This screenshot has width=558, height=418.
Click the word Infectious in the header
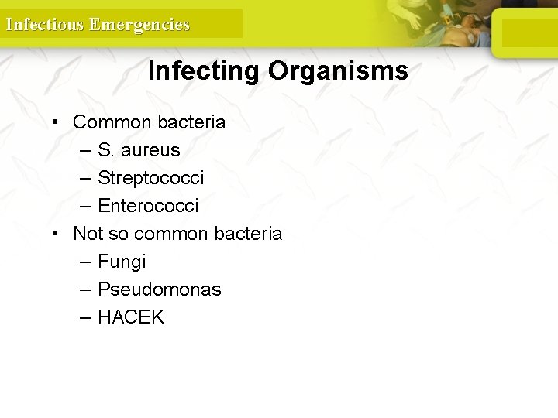point(44,24)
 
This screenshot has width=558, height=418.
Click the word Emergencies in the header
point(139,24)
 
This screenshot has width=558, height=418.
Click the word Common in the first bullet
point(112,122)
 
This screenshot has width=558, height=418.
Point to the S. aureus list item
point(139,150)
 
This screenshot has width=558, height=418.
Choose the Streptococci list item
point(151,178)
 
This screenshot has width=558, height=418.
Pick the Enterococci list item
point(148,206)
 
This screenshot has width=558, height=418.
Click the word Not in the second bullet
point(88,234)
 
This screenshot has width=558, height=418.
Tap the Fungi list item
point(122,262)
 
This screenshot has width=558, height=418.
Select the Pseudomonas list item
point(159,290)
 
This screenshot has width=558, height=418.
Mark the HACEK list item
point(131,317)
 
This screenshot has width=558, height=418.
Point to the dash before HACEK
point(84,317)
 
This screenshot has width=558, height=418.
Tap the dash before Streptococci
point(84,178)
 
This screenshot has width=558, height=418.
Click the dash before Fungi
point(84,262)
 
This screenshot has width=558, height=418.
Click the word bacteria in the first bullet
point(191,122)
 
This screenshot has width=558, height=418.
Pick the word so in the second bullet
point(119,234)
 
